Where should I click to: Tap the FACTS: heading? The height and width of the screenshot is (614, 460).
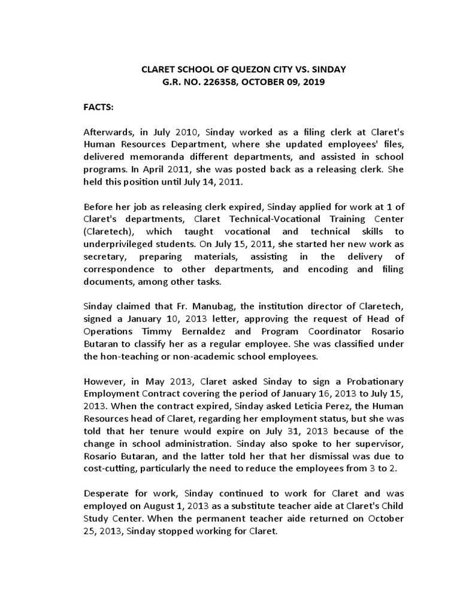click(x=98, y=106)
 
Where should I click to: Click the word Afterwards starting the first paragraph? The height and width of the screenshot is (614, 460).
click(x=107, y=131)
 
